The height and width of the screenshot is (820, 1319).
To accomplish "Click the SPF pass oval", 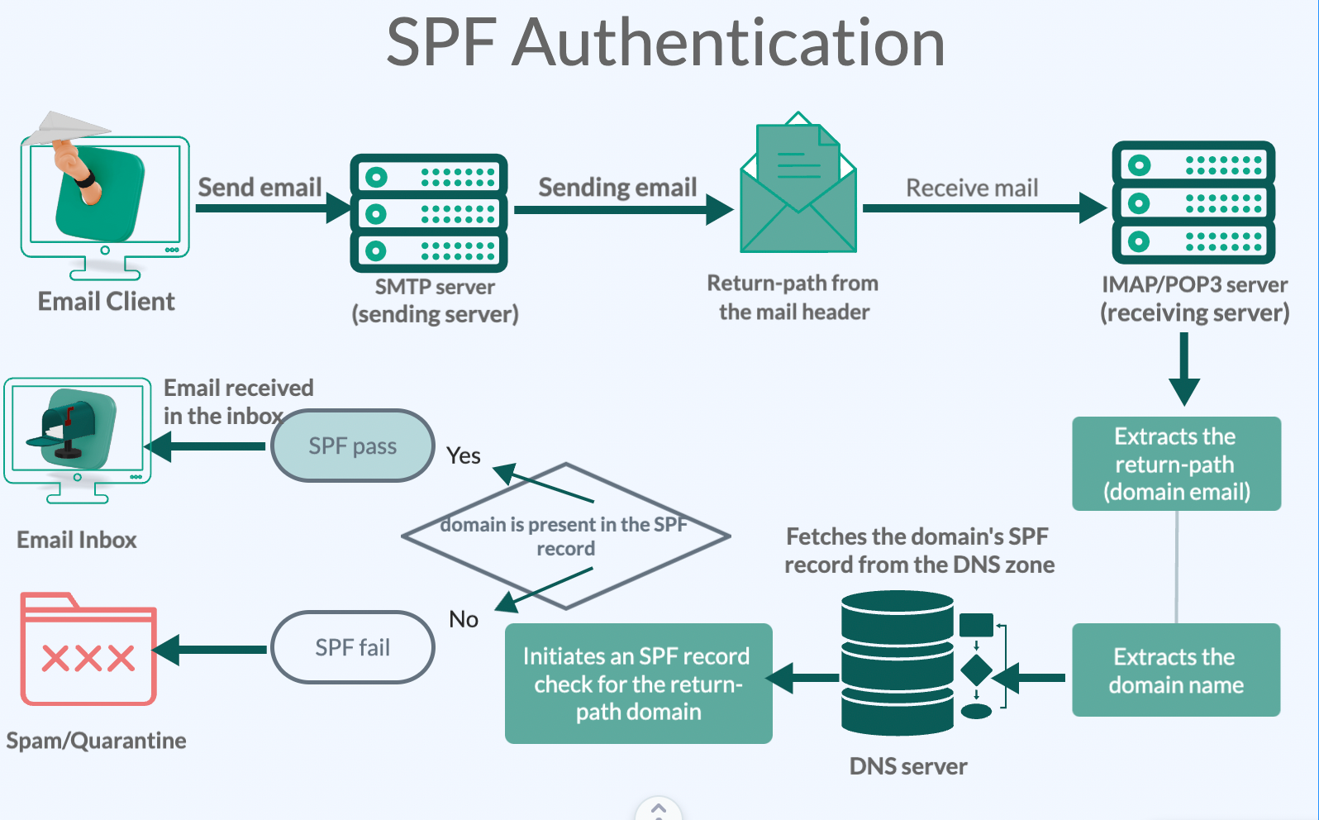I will tap(353, 446).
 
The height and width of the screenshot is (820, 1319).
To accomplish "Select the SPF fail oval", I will tap(353, 647).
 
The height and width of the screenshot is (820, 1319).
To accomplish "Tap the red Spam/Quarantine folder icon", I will tap(88, 651).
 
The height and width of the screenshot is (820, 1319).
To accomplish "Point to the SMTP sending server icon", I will tap(428, 213).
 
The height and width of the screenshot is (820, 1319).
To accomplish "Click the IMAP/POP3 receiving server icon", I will tap(1193, 203).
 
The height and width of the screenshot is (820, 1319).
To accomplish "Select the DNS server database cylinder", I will tap(897, 663).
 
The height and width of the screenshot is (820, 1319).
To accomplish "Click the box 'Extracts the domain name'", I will tap(1175, 670).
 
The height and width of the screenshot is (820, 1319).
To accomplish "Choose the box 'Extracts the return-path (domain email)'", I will tap(1176, 464).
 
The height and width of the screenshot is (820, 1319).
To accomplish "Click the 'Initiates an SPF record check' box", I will tap(638, 684).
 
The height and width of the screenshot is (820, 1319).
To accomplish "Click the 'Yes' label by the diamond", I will tap(464, 455).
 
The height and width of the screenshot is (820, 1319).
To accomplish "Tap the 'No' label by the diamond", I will tap(464, 619).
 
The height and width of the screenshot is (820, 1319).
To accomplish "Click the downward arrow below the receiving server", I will tap(1183, 369).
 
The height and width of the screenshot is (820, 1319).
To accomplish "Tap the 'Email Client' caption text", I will tap(107, 302).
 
